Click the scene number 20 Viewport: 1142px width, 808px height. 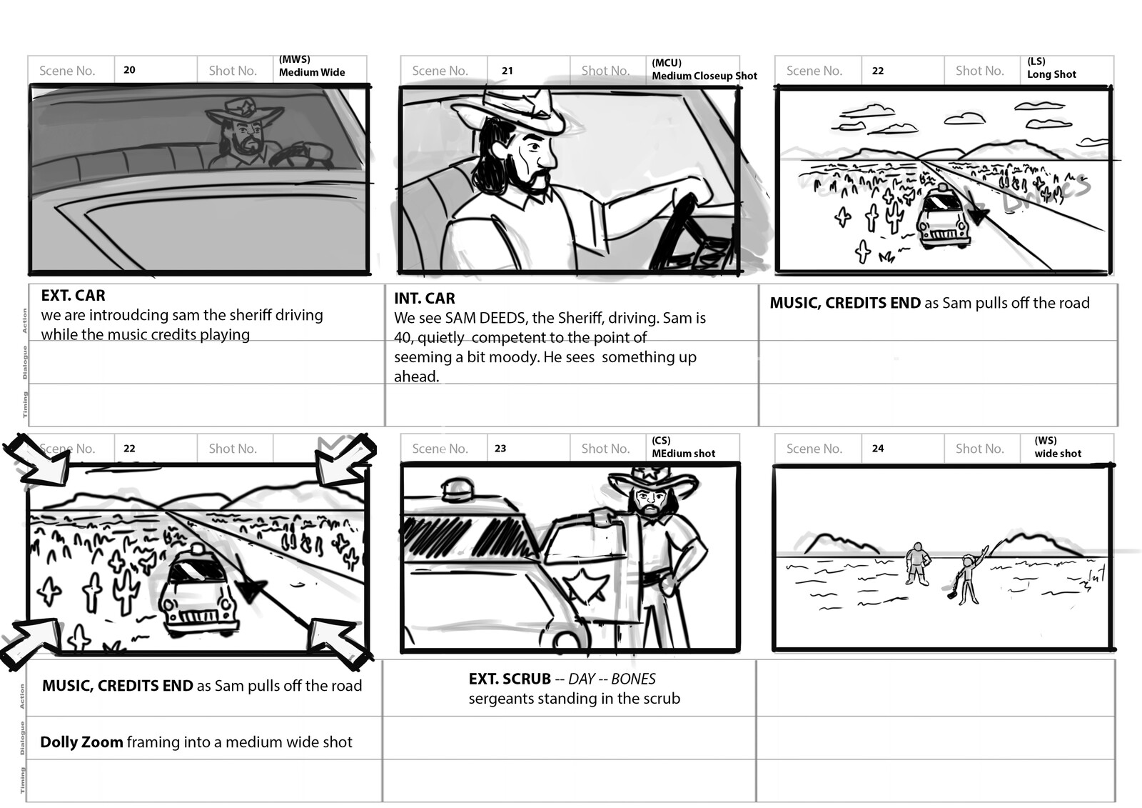pos(129,70)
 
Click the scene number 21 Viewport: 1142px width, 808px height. pos(507,71)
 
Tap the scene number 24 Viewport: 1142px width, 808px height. pos(877,449)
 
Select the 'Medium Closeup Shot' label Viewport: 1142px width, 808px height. pos(704,76)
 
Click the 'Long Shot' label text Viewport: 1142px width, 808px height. pos(1051,74)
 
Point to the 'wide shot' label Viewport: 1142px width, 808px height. pos(1058,454)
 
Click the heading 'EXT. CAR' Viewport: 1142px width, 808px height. pos(73,296)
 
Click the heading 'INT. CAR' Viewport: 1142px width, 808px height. pos(424,299)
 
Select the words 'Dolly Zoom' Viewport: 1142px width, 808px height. pos(81,742)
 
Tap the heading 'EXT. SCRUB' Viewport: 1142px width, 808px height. pos(510,679)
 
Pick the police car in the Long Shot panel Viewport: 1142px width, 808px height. pos(944,217)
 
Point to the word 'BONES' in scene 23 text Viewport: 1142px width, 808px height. pos(633,679)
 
